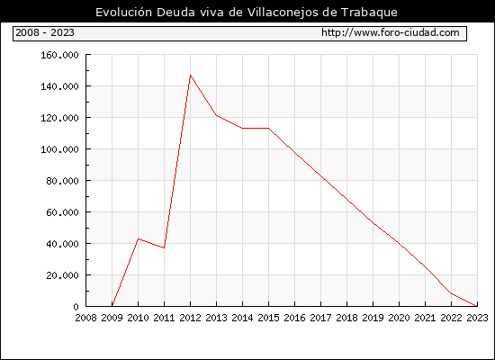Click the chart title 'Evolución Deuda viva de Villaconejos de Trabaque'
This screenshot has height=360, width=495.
247,13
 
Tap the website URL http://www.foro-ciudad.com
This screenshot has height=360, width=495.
391,32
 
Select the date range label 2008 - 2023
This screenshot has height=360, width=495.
45,32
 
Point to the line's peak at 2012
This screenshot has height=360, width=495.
191,76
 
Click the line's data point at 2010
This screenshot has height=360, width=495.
139,238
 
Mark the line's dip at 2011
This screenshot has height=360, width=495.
164,247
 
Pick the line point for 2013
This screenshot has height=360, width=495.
216,115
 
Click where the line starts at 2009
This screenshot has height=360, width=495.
112,306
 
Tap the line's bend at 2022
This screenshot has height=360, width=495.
452,293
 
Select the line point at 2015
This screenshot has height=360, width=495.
269,128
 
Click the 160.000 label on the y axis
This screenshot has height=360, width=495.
59,55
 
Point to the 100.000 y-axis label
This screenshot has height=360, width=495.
59,149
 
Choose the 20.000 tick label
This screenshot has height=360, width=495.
62,275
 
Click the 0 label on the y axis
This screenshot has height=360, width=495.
76,307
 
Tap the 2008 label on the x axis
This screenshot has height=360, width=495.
85,318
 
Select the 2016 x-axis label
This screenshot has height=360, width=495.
294,318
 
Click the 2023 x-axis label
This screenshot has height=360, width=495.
477,318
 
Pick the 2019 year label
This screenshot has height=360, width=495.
373,318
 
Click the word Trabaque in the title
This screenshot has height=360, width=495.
369,13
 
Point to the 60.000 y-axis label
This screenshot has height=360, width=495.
62,212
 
